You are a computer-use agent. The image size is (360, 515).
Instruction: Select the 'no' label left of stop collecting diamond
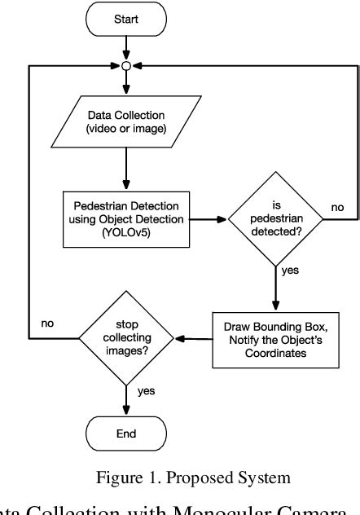47,324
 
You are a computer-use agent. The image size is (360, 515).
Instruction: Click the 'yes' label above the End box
146,391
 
